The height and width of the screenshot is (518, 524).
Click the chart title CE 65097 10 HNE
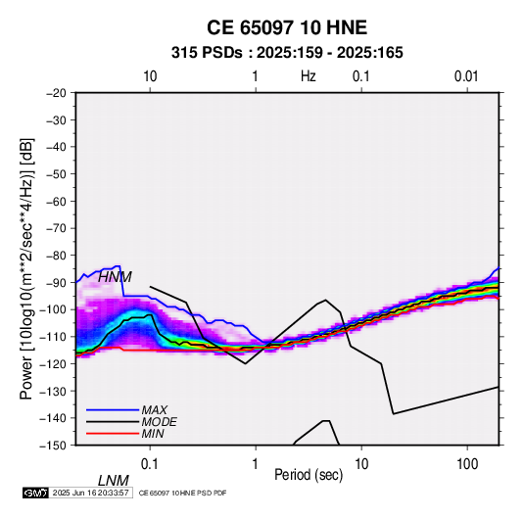tap(287, 27)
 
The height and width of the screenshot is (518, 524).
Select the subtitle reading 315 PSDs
tap(207, 53)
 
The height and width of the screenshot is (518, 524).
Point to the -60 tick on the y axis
tap(56, 201)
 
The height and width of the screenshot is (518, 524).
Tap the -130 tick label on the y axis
tap(53, 391)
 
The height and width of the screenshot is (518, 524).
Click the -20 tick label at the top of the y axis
tap(56, 93)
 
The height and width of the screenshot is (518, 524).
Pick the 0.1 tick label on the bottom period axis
tap(150, 464)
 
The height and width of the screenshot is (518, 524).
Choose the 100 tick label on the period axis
tap(467, 464)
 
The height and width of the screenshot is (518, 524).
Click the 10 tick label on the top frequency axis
tap(150, 76)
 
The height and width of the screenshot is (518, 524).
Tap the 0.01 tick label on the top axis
tap(466, 76)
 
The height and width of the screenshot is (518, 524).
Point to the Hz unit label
tap(308, 76)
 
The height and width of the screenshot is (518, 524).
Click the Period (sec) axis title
tap(309, 475)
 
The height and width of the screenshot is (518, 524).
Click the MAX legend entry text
tap(155, 410)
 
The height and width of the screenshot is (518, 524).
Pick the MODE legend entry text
tap(159, 422)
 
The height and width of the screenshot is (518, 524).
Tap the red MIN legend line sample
tap(113, 434)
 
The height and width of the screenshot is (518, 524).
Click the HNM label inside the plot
tap(115, 277)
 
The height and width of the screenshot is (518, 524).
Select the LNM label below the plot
tap(114, 481)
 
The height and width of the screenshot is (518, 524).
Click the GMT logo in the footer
tap(36, 493)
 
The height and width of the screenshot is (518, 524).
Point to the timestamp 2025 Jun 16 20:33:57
tap(91, 493)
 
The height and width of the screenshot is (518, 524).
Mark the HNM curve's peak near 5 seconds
tap(325, 300)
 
